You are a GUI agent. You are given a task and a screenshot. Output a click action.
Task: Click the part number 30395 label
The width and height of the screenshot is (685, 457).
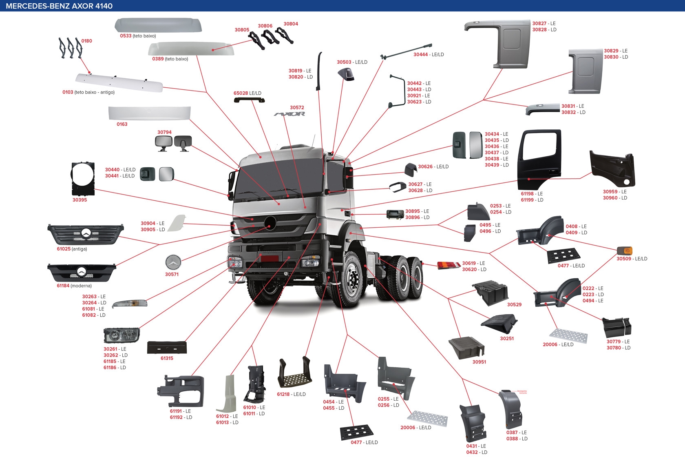[80, 200]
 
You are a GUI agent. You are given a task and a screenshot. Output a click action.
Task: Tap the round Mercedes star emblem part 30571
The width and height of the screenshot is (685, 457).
[173, 263]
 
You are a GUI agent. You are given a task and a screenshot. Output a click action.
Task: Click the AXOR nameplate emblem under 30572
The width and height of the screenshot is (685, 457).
[289, 114]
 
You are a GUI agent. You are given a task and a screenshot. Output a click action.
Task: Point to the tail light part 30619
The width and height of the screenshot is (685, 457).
[449, 266]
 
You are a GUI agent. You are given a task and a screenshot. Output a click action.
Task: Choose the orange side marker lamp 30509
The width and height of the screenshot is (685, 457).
[624, 251]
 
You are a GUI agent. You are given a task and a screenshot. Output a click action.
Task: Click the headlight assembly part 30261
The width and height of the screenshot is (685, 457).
[122, 335]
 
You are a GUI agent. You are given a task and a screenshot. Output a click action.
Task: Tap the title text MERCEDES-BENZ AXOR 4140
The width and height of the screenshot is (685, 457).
[59, 6]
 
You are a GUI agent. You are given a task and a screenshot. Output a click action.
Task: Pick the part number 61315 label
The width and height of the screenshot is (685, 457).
[167, 358]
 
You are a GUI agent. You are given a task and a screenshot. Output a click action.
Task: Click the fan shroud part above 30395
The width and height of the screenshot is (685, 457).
[83, 179]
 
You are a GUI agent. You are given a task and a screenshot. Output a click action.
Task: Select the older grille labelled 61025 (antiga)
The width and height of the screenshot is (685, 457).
[86, 234]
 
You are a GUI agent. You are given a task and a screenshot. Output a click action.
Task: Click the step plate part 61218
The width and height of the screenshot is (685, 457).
[294, 374]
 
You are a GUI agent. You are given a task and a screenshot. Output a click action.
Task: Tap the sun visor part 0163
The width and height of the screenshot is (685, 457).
[149, 113]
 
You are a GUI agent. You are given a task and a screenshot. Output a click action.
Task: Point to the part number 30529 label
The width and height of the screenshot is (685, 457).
[514, 304]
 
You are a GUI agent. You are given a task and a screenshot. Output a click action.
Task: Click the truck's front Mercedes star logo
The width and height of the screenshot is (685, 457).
[270, 223]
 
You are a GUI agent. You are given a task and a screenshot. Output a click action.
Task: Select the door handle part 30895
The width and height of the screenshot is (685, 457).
[395, 214]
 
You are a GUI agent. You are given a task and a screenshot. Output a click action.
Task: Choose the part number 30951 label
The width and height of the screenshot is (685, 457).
[479, 362]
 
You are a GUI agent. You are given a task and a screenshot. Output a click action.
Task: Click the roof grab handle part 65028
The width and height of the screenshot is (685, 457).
[249, 100]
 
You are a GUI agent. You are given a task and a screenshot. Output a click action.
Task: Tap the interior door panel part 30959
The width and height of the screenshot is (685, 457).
[612, 169]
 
